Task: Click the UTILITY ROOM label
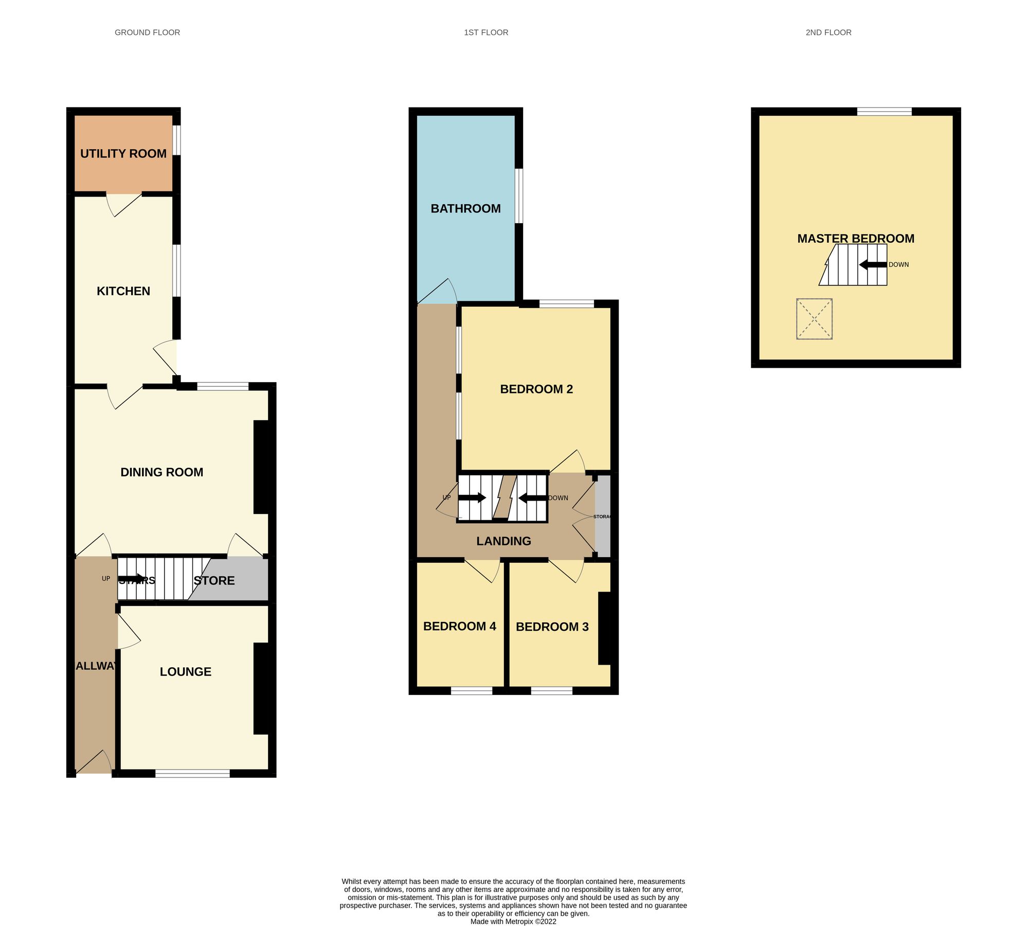pos(123,154)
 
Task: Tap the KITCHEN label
pos(123,291)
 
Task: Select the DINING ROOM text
pos(161,472)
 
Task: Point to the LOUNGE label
pos(185,672)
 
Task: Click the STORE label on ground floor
pos(214,581)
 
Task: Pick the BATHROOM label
pos(465,209)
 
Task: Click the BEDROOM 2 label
pos(536,389)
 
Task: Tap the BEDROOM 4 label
pos(459,627)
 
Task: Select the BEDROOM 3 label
pos(552,627)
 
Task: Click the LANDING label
pos(503,541)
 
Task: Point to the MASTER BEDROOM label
pos(855,239)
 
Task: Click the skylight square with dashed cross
pos(814,319)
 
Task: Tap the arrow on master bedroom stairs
pos(873,265)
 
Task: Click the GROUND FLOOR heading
pos(147,32)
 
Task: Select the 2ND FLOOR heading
pos(828,32)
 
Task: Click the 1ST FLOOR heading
pos(485,32)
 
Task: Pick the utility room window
pos(176,140)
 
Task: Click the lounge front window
pos(192,773)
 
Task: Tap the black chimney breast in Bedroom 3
pos(604,628)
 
